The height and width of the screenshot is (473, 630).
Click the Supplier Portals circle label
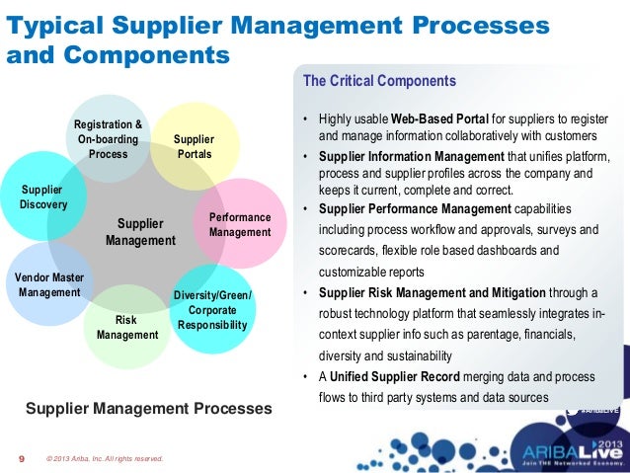pos(193,148)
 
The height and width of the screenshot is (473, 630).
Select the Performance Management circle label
pos(240,224)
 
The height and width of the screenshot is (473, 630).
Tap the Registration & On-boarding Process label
pos(109,139)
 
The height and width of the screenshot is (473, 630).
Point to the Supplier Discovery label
pos(42,197)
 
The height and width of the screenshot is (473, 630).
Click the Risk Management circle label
pos(126,328)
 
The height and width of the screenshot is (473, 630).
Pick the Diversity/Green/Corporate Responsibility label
pos(212,309)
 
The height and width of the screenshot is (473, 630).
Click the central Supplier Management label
pos(140,232)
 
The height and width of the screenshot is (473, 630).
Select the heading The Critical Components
pos(379,81)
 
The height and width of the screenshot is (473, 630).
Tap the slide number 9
pos(22,458)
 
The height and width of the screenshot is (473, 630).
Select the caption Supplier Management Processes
pos(148,408)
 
